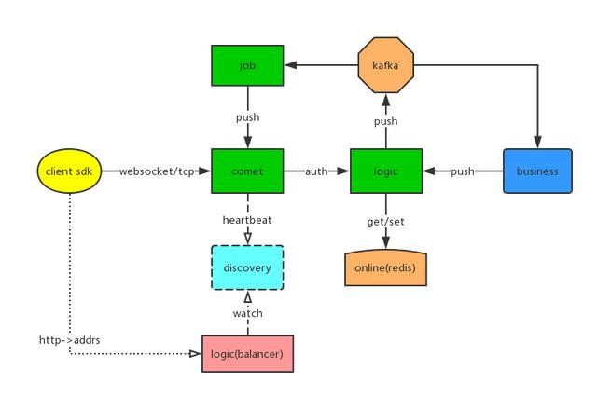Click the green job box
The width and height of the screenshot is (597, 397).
[247, 66]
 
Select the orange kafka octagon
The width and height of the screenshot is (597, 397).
[386, 66]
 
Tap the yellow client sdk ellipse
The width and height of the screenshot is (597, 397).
[67, 171]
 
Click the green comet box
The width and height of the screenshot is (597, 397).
[247, 171]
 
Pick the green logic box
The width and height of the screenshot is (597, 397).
[386, 171]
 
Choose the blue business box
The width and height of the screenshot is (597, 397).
[536, 171]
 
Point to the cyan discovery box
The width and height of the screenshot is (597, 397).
[247, 268]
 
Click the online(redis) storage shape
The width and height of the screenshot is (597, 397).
[386, 268]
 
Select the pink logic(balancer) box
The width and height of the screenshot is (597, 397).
[247, 354]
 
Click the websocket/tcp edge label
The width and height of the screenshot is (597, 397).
[157, 171]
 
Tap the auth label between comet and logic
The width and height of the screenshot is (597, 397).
[317, 171]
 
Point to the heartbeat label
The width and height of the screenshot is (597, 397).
[247, 220]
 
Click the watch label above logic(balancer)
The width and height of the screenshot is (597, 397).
[247, 313]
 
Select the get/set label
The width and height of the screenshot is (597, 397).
[386, 221]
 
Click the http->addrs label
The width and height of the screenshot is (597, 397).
[69, 340]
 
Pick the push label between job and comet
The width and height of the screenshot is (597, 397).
[247, 117]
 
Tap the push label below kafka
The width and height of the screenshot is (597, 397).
[386, 121]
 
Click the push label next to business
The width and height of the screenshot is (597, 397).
[464, 171]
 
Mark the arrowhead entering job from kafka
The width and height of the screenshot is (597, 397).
[290, 66]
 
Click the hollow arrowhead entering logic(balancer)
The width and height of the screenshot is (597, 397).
[196, 354]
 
